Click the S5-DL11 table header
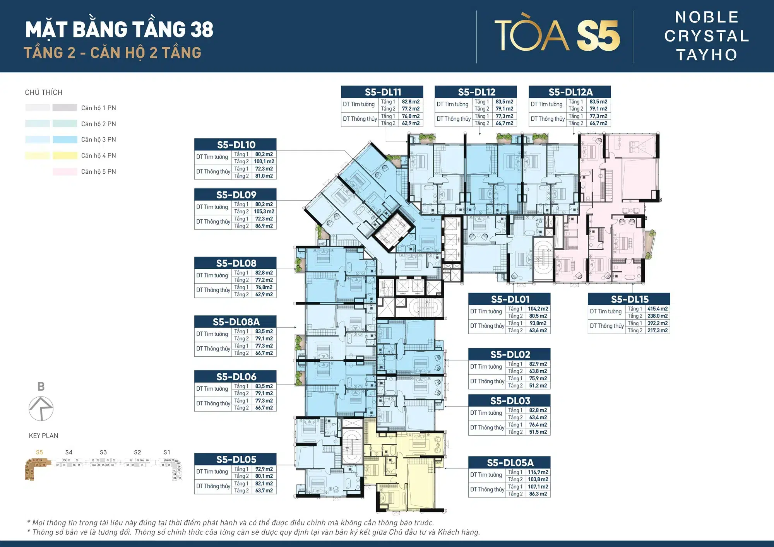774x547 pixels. [x=382, y=92]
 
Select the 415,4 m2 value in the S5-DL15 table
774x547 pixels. [x=657, y=309]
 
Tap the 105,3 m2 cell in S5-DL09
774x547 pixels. [x=264, y=212]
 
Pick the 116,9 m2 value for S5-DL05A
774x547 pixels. [x=538, y=472]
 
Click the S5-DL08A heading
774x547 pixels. [x=236, y=322]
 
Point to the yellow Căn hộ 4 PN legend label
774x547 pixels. [x=98, y=156]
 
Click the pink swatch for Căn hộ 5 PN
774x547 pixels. [x=65, y=172]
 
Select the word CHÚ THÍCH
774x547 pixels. [x=43, y=92]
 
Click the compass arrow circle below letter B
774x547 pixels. [x=41, y=409]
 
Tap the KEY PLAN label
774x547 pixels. [x=43, y=436]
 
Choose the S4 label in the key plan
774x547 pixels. [x=69, y=452]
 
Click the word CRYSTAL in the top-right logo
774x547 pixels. [x=707, y=36]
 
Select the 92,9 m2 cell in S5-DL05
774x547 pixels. [x=264, y=469]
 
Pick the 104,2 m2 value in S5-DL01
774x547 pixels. [x=538, y=309]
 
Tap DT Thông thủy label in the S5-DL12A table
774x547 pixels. [x=547, y=119]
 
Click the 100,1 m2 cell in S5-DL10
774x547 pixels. [x=264, y=162]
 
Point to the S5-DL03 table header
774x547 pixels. [x=510, y=401]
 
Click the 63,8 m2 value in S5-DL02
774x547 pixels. [x=538, y=371]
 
